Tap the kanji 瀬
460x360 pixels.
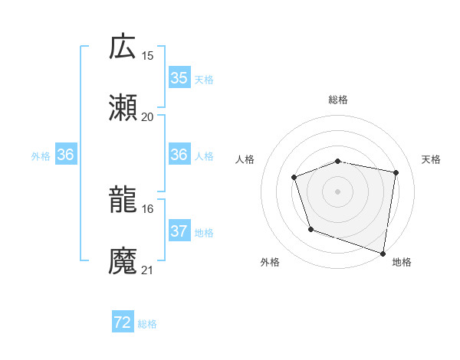[123, 108]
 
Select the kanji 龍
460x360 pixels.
[123, 201]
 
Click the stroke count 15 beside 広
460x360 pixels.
[148, 55]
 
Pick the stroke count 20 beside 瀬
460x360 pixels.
[148, 116]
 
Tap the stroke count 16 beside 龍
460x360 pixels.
[148, 208]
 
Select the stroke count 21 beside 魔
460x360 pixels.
[148, 270]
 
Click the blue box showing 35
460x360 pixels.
[179, 78]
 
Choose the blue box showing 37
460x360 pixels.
[179, 231]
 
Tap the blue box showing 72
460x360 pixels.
[123, 323]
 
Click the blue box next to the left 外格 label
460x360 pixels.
[66, 155]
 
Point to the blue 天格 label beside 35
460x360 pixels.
[204, 79]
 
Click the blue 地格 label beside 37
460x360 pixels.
[204, 232]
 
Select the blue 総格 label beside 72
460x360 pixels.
[147, 324]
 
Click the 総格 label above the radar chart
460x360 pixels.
[338, 100]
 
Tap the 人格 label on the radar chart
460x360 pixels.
[245, 159]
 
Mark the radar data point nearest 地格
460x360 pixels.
[383, 252]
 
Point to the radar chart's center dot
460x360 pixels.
[337, 191]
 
